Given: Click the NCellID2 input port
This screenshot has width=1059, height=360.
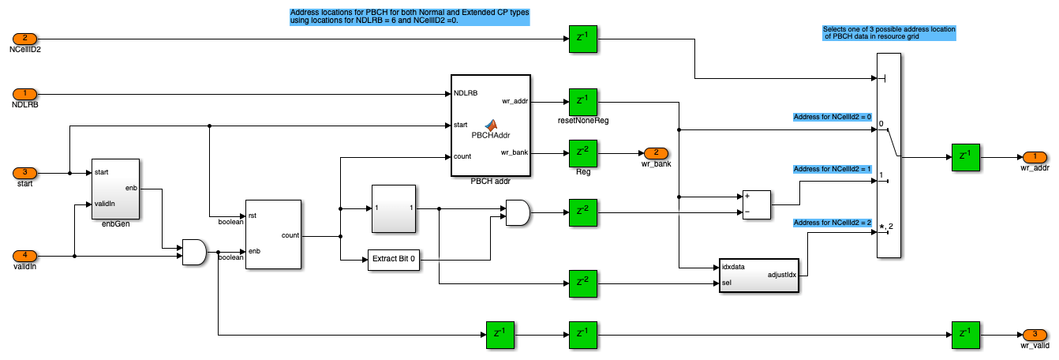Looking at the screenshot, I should pyautogui.click(x=24, y=38).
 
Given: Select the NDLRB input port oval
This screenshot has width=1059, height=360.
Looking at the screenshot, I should pyautogui.click(x=24, y=94).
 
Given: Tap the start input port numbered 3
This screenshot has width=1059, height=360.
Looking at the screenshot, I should pyautogui.click(x=24, y=173).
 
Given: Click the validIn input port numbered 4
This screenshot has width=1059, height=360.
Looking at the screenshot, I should pyautogui.click(x=24, y=256).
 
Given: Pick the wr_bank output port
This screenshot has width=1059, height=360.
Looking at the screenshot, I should pyautogui.click(x=655, y=152).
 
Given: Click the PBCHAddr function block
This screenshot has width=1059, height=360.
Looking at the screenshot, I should pyautogui.click(x=491, y=126).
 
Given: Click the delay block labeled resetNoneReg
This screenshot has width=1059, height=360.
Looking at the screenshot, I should pyautogui.click(x=582, y=101).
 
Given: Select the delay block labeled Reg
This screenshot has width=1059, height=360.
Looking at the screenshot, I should pyautogui.click(x=582, y=152).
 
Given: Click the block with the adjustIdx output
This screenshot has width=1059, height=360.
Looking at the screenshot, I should pyautogui.click(x=758, y=275).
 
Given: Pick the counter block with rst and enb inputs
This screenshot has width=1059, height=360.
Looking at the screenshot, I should pyautogui.click(x=273, y=234).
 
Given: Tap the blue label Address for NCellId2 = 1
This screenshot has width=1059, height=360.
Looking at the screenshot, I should pyautogui.click(x=832, y=169).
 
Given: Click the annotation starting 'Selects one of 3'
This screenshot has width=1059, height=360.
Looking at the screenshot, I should pyautogui.click(x=888, y=32).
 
